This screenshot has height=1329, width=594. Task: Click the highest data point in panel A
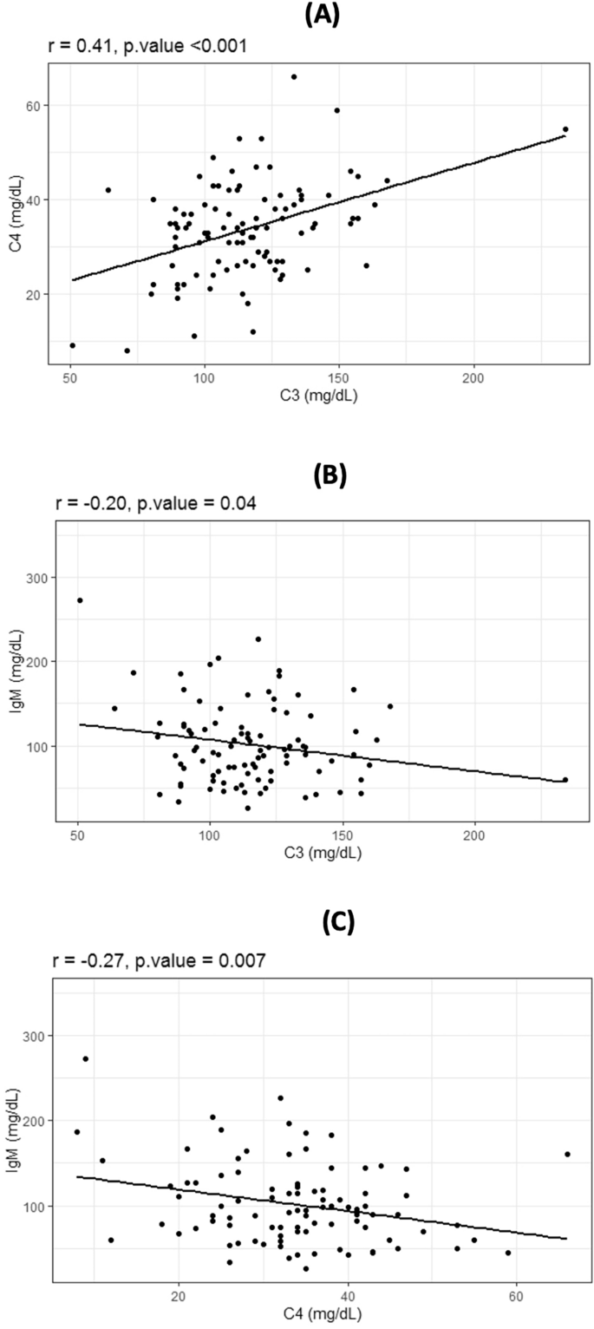pos(294,77)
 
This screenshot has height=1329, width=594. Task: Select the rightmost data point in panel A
pos(565,129)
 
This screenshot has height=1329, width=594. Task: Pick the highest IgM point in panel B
pos(80,600)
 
